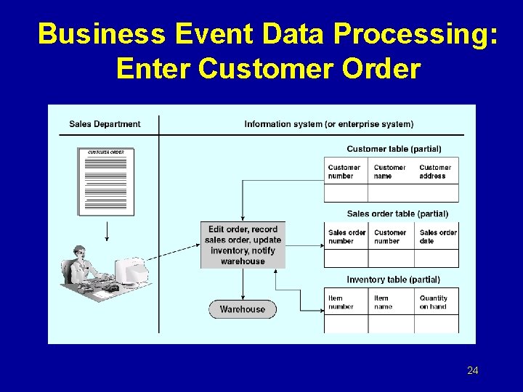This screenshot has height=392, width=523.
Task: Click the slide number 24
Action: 473,371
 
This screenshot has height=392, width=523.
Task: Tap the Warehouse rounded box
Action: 243,309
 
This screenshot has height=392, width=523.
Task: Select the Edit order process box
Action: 243,245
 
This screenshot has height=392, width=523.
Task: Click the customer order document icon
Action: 106,181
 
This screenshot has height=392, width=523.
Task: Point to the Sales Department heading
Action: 105,124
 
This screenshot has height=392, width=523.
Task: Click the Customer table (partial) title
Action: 394,149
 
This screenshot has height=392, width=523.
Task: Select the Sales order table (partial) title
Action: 397,214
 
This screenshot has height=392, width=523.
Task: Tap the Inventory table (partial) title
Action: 393,279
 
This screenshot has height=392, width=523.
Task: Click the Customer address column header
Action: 435,171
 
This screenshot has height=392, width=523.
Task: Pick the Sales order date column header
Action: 438,237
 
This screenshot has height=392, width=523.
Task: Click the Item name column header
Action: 382,302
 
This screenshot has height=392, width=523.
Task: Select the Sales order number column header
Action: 346,237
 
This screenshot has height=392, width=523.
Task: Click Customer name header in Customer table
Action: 389,171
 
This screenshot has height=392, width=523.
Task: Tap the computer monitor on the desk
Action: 134,271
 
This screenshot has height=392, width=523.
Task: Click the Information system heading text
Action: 329,124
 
